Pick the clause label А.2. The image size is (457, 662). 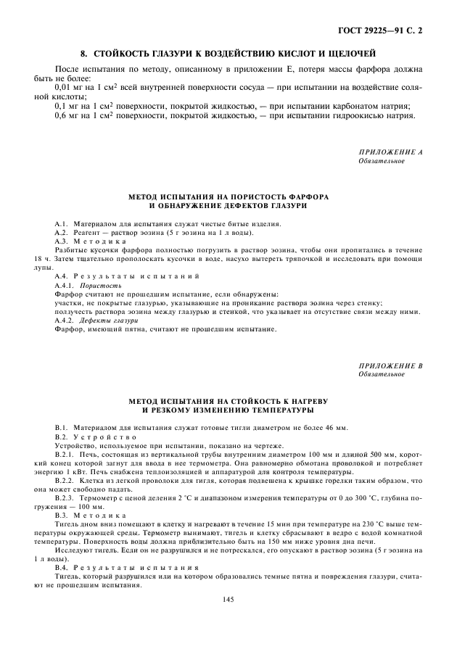point(62,233)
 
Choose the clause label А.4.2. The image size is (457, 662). point(66,320)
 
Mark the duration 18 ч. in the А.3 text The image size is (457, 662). point(41,259)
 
